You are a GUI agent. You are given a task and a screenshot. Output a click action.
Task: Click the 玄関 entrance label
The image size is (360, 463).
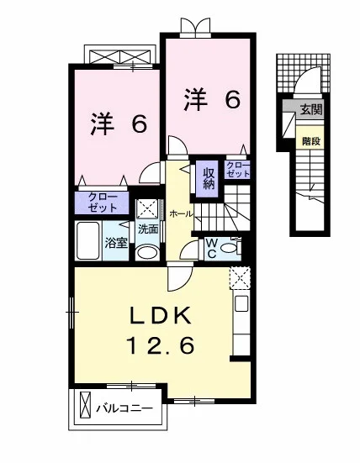point(311,110)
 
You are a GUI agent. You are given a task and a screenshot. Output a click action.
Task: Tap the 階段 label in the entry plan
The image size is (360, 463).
point(311,141)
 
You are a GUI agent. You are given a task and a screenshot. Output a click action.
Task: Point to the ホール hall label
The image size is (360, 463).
point(182,214)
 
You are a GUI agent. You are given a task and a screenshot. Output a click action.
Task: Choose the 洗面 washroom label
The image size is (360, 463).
point(148,229)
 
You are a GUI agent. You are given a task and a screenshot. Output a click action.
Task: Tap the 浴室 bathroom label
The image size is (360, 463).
point(116,244)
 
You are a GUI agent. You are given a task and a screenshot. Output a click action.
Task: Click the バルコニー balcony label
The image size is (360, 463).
point(124,408)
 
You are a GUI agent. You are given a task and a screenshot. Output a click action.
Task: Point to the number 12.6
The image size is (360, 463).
point(161,345)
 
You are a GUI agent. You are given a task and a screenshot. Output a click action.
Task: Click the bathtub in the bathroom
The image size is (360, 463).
point(87,240)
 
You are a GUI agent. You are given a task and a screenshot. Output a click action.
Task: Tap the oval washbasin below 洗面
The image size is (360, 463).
point(148,253)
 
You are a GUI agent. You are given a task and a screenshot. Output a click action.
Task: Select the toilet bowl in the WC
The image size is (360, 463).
point(229,249)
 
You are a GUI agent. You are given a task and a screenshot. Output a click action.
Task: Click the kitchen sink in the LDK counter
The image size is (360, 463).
point(241,303)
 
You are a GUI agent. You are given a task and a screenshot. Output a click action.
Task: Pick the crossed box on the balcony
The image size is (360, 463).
point(84,408)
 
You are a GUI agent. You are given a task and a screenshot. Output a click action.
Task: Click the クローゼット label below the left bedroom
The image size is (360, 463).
point(103,203)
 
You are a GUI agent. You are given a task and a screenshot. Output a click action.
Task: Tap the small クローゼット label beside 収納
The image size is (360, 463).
point(238,170)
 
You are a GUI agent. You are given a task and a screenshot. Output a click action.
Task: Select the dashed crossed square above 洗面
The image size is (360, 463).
point(148,209)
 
